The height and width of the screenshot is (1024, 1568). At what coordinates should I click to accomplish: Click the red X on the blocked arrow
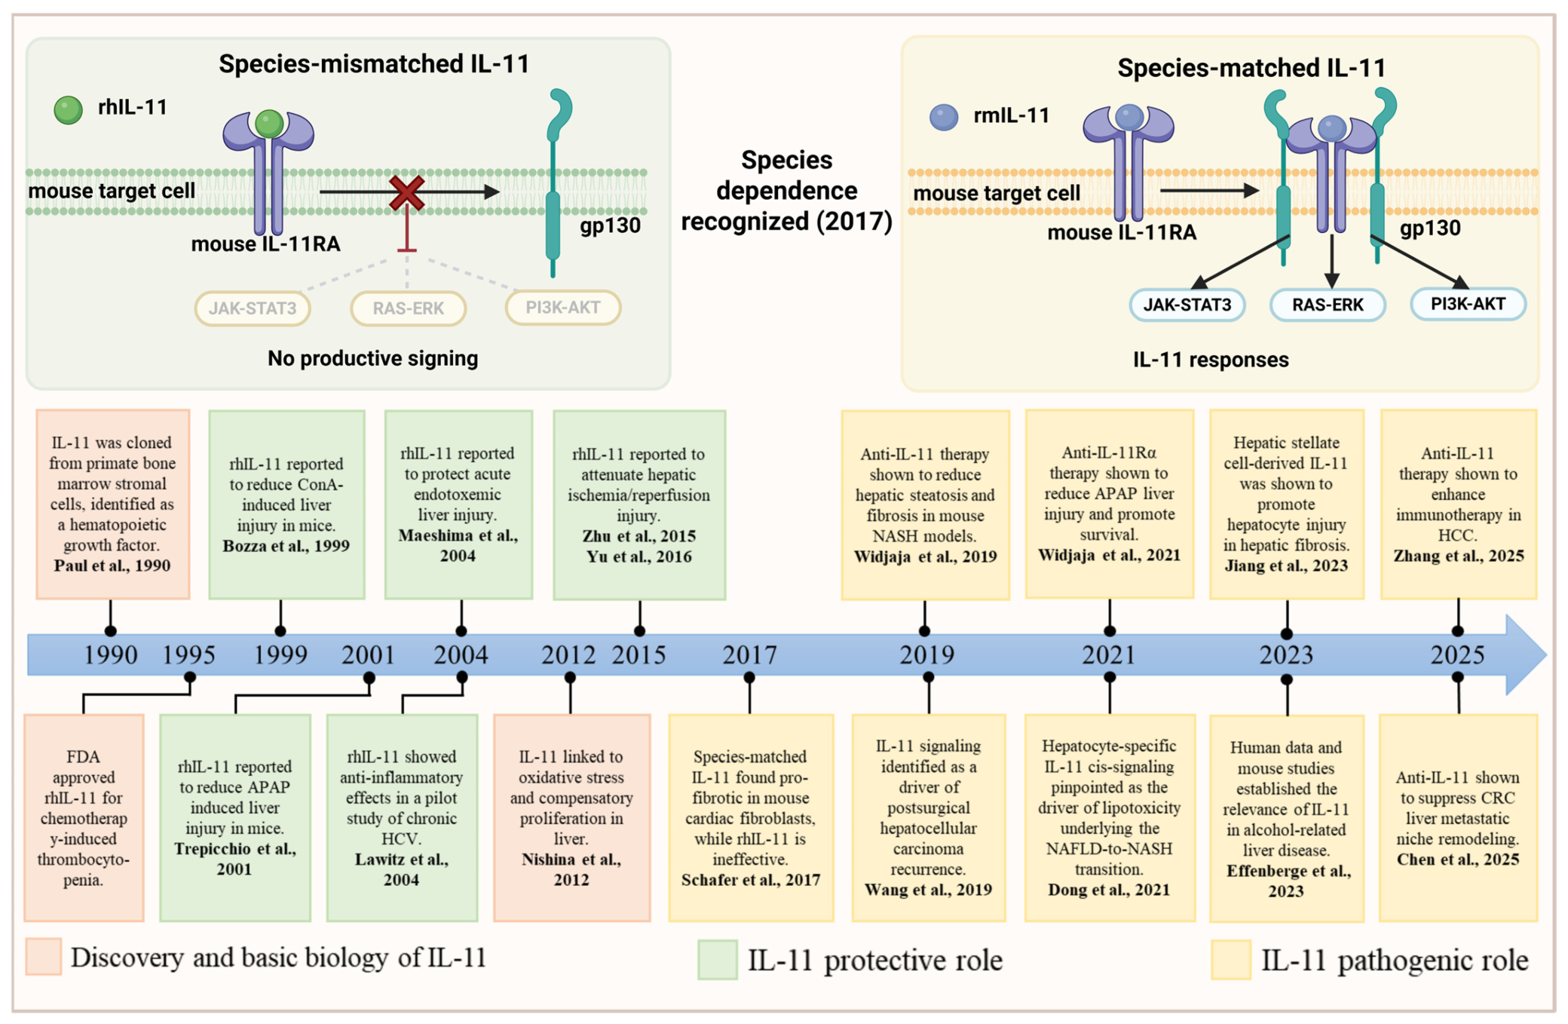pyautogui.click(x=406, y=193)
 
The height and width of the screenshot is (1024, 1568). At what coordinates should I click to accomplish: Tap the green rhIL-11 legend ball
pyautogui.click(x=69, y=110)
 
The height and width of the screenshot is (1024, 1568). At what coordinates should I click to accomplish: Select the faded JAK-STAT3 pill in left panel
pyautogui.click(x=253, y=308)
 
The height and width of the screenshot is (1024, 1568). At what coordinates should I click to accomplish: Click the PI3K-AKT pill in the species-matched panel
pyautogui.click(x=1468, y=304)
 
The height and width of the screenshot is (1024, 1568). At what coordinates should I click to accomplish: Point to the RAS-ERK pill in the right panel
pyautogui.click(x=1328, y=305)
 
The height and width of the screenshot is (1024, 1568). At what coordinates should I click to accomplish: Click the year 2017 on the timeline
pyautogui.click(x=749, y=655)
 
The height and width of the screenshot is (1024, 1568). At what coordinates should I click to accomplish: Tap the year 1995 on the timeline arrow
pyautogui.click(x=189, y=655)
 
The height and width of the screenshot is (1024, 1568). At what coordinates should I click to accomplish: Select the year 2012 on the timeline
pyautogui.click(x=568, y=655)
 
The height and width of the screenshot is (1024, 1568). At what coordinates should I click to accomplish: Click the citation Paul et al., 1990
pyautogui.click(x=112, y=566)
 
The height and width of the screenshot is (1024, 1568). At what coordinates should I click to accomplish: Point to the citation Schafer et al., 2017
pyautogui.click(x=751, y=880)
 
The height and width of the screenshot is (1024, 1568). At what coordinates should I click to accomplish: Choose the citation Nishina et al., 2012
pyautogui.click(x=571, y=869)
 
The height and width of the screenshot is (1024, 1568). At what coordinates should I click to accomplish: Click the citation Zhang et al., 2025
pyautogui.click(x=1459, y=556)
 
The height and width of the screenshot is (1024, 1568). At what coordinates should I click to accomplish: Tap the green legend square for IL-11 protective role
pyautogui.click(x=717, y=959)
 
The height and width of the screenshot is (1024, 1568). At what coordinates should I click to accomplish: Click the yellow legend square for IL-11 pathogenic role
pyautogui.click(x=1230, y=959)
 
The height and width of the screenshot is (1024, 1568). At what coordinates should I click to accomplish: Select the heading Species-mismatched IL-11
pyautogui.click(x=374, y=64)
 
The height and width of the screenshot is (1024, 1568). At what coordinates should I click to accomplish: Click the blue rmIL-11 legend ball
pyautogui.click(x=944, y=117)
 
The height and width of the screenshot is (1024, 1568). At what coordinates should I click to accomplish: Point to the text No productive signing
pyautogui.click(x=372, y=358)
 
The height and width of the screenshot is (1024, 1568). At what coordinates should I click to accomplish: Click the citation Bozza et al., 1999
pyautogui.click(x=286, y=546)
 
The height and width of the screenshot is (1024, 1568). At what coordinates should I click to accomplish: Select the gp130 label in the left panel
pyautogui.click(x=610, y=225)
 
